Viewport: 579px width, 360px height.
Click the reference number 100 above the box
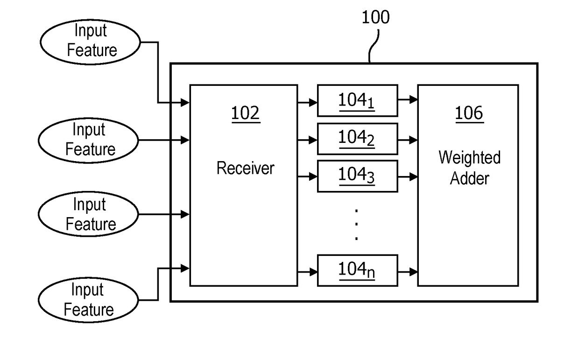click(x=375, y=17)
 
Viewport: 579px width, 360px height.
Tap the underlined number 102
click(x=245, y=113)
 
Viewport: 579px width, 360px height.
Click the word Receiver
click(x=245, y=168)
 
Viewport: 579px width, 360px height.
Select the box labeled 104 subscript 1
click(x=358, y=100)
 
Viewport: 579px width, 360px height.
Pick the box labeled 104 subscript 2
click(x=358, y=139)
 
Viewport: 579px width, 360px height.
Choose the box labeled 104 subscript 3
click(x=358, y=176)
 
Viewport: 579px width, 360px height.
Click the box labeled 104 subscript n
click(x=358, y=270)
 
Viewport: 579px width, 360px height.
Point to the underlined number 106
click(x=469, y=113)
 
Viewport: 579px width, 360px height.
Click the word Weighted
click(x=470, y=157)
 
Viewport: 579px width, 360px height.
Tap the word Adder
click(x=470, y=178)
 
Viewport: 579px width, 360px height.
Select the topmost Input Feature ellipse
click(x=90, y=42)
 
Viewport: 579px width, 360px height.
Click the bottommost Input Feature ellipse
click(x=88, y=300)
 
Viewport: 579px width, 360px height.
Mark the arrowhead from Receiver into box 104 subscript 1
click(x=313, y=103)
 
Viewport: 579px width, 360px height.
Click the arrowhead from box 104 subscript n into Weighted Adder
click(x=413, y=272)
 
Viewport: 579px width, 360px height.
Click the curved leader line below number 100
click(x=374, y=46)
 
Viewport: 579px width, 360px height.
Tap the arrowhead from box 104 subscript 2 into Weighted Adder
click(x=413, y=140)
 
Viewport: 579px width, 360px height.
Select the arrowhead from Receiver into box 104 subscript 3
click(x=313, y=177)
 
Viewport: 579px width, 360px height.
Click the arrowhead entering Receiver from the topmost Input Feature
click(x=185, y=103)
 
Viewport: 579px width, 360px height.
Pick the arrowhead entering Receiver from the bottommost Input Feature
click(x=185, y=268)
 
